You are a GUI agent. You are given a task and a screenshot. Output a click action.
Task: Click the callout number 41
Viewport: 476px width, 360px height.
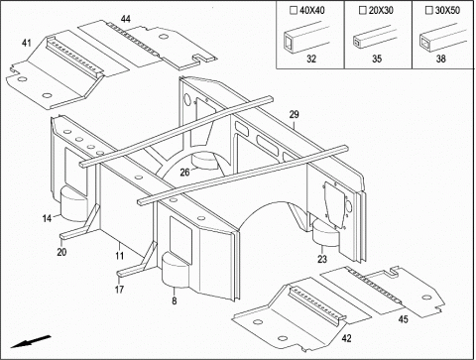27,43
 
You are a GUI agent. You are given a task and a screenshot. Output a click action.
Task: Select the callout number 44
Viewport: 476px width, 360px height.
125,19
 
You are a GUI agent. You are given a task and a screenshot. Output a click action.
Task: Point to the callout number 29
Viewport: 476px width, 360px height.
294,114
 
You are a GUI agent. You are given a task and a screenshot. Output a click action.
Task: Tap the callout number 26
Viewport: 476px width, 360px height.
185,173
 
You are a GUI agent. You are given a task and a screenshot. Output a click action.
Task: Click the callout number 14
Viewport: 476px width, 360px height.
47,218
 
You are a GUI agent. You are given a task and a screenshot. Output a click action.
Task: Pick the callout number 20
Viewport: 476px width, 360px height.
61,252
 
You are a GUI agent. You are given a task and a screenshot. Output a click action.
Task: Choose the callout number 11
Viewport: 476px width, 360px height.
119,256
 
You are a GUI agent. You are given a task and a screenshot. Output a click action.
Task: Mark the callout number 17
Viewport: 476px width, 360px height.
119,290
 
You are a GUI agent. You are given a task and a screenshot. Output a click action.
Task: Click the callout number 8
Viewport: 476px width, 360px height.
175,300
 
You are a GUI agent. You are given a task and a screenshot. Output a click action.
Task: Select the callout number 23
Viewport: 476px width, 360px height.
322,259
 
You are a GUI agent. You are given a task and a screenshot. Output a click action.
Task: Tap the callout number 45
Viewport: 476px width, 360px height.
403,319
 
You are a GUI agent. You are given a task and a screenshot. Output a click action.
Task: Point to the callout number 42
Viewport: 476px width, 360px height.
346,338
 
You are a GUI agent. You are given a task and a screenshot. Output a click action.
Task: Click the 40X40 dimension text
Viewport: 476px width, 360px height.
312,11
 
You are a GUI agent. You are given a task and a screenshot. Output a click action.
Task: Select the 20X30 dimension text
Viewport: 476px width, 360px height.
381,11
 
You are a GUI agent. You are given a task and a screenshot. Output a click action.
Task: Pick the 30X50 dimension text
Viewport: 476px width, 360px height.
447,11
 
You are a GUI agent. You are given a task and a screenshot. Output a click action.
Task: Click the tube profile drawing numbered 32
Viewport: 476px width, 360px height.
304,37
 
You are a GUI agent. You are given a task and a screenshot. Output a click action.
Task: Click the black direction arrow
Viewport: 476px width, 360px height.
31,342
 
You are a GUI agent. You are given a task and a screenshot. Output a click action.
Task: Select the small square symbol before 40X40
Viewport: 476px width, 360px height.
294,11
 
